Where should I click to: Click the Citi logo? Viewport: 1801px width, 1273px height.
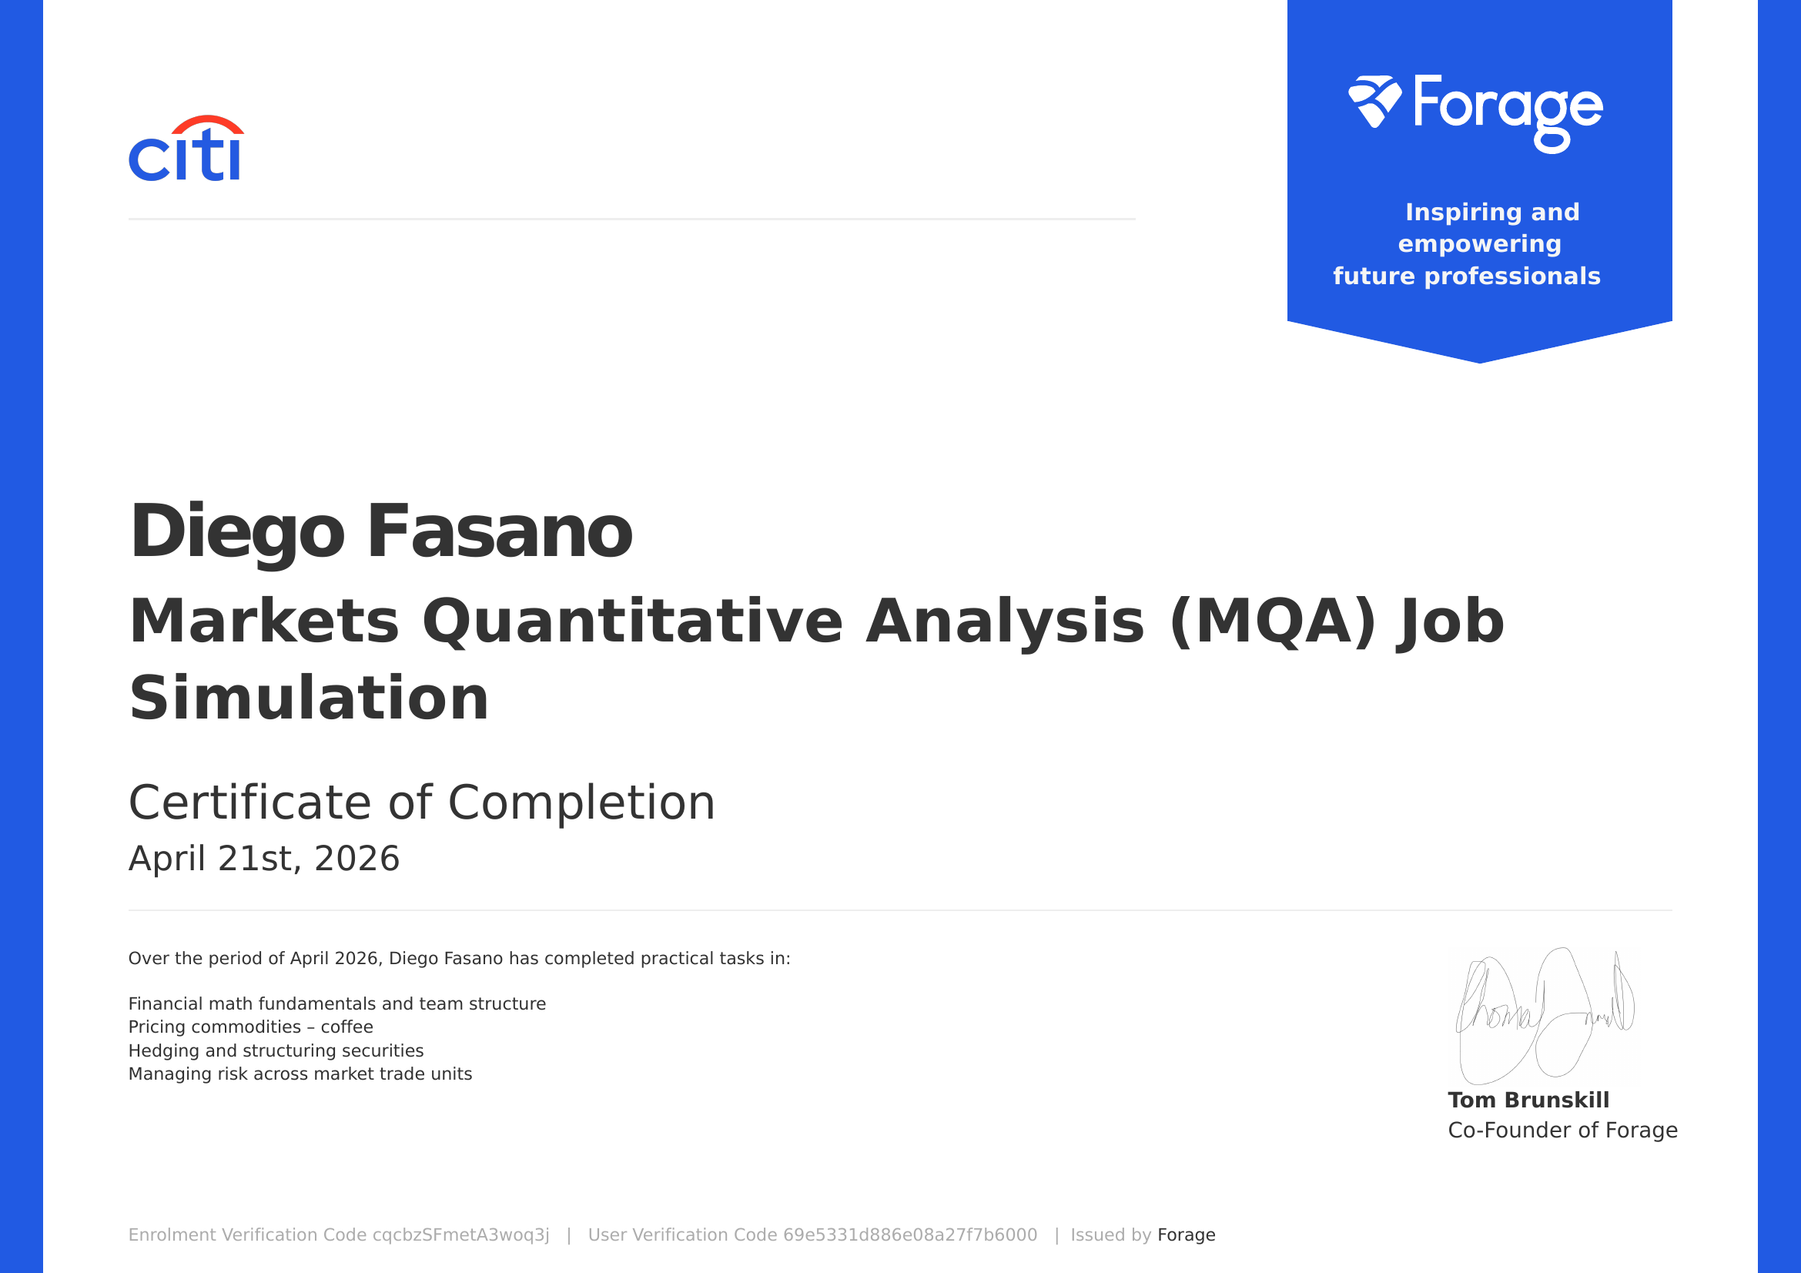click(186, 150)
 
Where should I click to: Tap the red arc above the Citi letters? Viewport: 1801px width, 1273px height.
click(208, 123)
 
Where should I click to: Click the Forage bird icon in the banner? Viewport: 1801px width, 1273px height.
click(1374, 101)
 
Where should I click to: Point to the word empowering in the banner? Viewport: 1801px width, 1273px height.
click(1479, 244)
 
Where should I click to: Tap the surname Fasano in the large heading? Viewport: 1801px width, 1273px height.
click(499, 532)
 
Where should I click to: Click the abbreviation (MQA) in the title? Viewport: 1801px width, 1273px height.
click(1271, 621)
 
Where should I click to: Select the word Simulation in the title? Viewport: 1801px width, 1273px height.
click(309, 698)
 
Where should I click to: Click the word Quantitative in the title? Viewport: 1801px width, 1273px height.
click(632, 621)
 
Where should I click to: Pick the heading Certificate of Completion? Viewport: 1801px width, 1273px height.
click(421, 802)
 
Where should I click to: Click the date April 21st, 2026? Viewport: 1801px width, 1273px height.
click(263, 858)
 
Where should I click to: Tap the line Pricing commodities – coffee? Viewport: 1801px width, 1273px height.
click(250, 1027)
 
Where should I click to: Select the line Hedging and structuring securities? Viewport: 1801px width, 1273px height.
click(276, 1050)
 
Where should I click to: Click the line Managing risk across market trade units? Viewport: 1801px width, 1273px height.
click(300, 1074)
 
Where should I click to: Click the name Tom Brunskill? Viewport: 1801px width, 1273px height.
click(1528, 1100)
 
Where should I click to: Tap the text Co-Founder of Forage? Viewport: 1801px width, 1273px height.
click(1562, 1130)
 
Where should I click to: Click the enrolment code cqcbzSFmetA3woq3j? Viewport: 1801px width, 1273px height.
click(460, 1234)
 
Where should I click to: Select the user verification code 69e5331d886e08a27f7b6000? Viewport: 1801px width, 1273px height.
click(910, 1234)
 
